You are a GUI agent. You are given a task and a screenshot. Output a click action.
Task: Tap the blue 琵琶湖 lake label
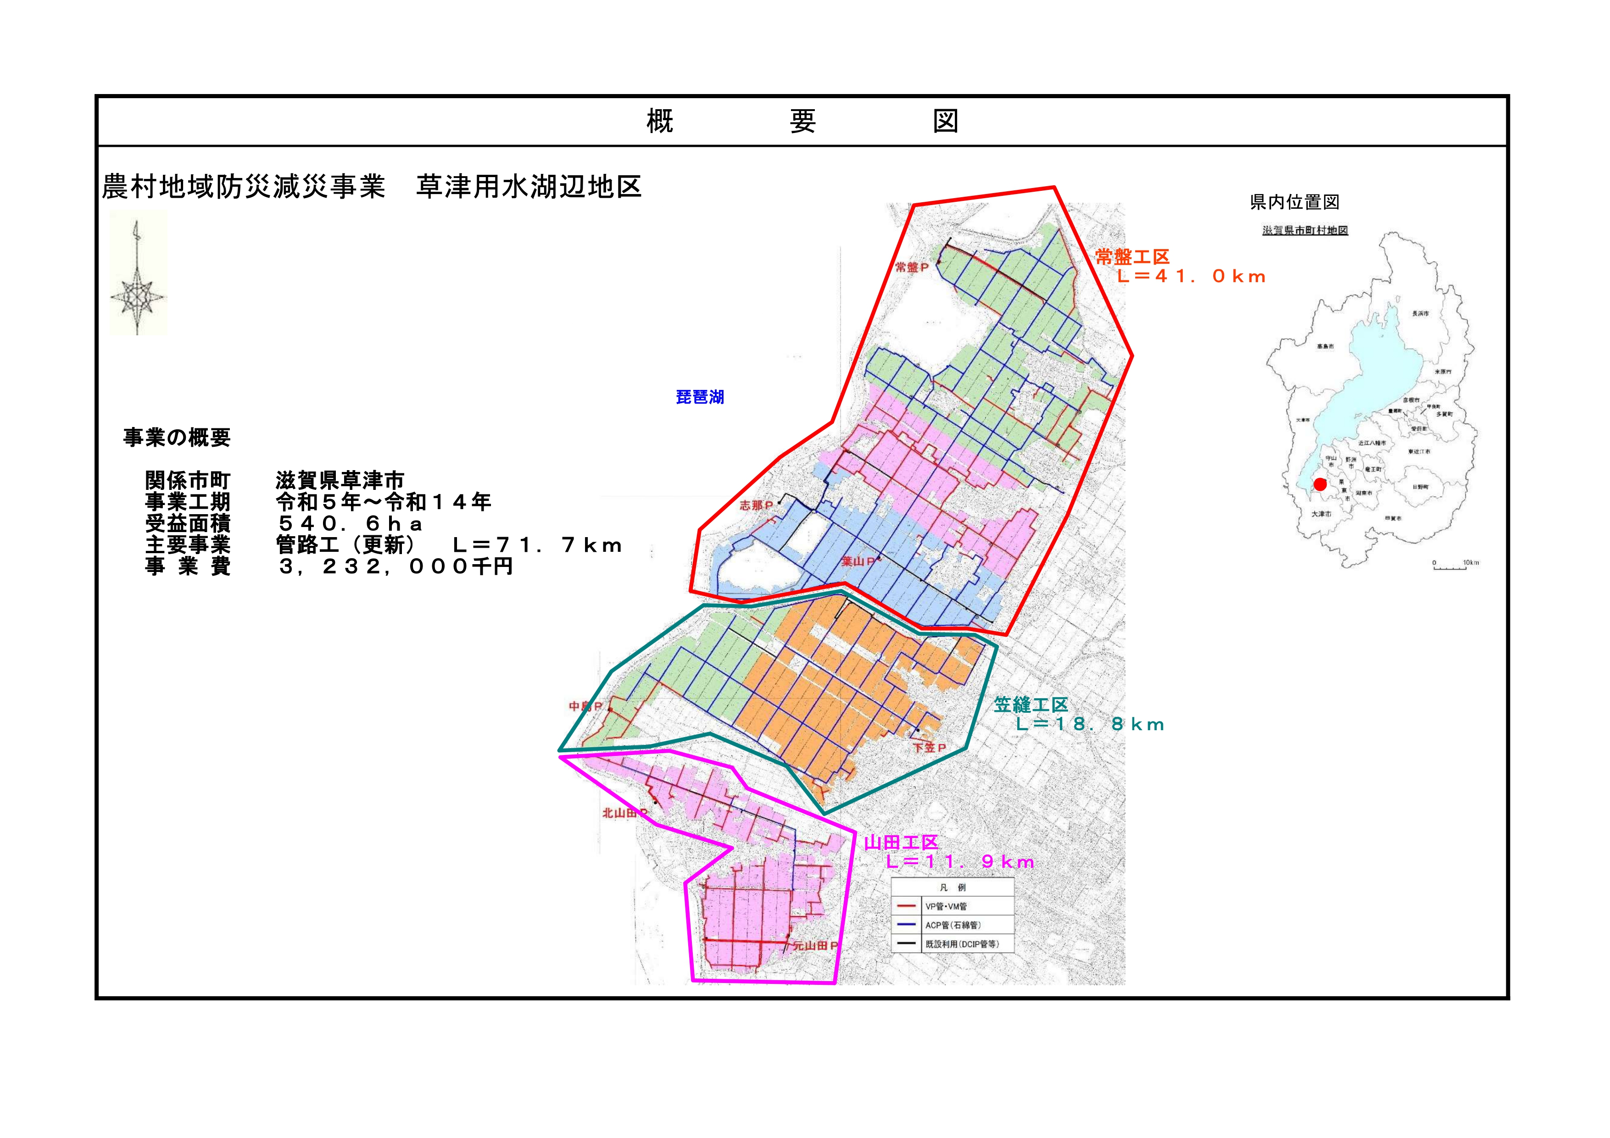pos(699,397)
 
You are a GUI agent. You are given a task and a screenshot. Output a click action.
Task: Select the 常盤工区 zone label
pos(1132,257)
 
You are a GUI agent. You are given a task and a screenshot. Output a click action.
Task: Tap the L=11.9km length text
pos(959,862)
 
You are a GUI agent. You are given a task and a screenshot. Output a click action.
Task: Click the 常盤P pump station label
pos(912,267)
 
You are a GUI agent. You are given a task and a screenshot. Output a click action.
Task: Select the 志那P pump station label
pos(756,505)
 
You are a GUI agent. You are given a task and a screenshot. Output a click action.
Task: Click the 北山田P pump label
pos(624,813)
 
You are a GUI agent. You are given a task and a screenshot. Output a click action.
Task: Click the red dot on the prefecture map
pos(1320,484)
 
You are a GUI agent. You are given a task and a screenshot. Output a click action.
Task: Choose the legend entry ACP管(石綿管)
pos(952,925)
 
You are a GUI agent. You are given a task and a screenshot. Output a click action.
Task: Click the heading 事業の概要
pos(177,438)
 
